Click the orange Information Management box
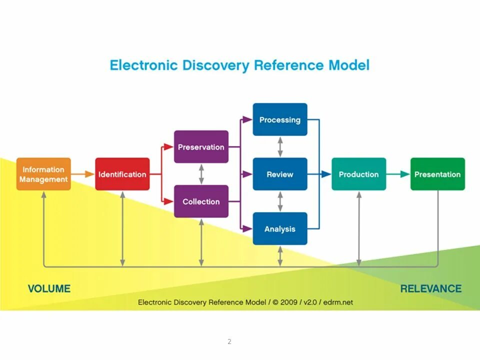(43, 174)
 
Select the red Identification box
(122, 174)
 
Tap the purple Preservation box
(201, 147)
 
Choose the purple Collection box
(201, 201)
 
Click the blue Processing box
(280, 119)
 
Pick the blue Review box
(280, 174)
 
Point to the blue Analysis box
(280, 228)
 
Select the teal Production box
(358, 174)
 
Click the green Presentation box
(437, 174)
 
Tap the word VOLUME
(49, 288)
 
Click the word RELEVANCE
(430, 288)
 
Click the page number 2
(229, 342)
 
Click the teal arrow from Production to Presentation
(398, 174)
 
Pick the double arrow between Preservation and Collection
(201, 174)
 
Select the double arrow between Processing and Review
(280, 147)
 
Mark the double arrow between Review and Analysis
(280, 201)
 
